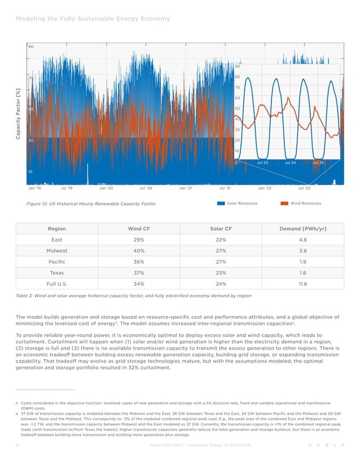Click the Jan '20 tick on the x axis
(x=106, y=190)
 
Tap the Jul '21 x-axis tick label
(x=225, y=190)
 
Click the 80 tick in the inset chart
(x=238, y=77)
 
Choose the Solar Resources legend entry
(x=238, y=203)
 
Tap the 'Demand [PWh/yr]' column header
(x=304, y=228)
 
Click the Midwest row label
(x=56, y=250)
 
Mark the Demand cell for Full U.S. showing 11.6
(x=304, y=284)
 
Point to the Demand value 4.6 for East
(x=304, y=240)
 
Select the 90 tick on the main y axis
(x=31, y=47)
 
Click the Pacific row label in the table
(x=56, y=262)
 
